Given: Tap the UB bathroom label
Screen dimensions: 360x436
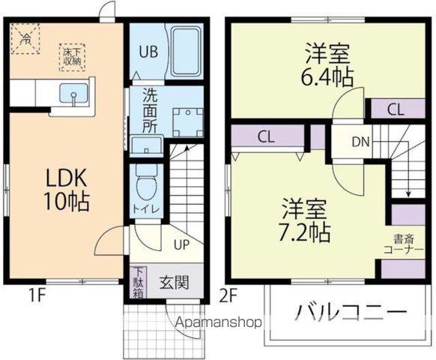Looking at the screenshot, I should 146,52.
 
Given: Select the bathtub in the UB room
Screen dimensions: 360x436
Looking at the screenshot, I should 184,51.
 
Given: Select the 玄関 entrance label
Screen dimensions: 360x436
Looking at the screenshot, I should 174,283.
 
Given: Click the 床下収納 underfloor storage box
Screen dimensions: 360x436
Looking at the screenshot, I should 73,56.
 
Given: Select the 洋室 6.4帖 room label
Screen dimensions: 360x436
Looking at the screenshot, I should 328,65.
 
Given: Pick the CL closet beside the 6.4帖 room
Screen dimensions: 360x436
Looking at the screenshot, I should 396,109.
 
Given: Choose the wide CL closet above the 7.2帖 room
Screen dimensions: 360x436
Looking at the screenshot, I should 265,136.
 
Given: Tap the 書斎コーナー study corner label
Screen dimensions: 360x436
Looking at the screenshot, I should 403,245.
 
